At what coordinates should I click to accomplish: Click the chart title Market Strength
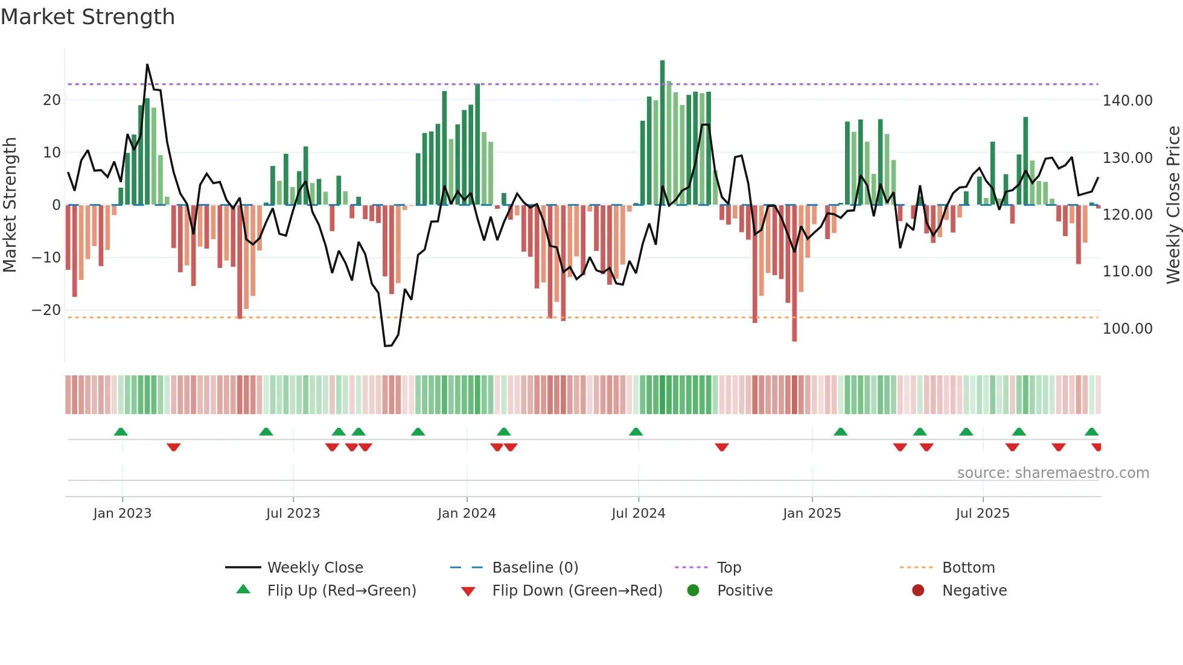pos(88,17)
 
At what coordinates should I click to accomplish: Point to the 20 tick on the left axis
pos(52,100)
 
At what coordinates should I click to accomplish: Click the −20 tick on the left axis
pos(46,310)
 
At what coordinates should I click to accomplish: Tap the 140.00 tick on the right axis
pos(1127,101)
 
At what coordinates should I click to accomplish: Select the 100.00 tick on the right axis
pos(1127,329)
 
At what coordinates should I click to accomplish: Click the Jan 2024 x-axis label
pos(467,514)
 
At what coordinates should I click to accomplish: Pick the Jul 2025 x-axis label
pos(983,514)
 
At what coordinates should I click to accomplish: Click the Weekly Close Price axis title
pos(1173,205)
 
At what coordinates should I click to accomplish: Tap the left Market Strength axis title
pos(10,205)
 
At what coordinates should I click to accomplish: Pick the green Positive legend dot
pos(693,591)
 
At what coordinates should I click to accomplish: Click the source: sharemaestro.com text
pos(1053,473)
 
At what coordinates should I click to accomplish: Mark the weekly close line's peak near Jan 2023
pos(147,65)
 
